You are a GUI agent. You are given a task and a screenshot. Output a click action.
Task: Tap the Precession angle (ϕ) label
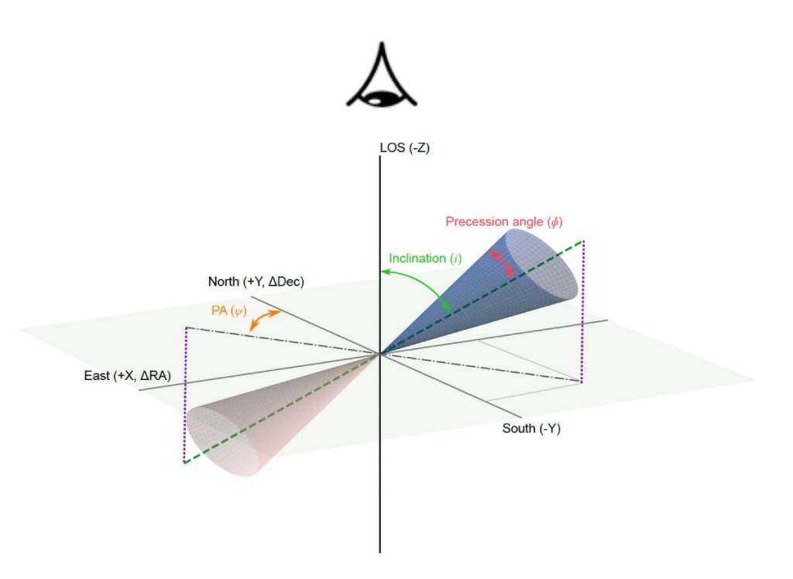click(504, 221)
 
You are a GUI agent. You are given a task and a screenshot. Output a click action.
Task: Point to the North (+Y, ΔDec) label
click(256, 282)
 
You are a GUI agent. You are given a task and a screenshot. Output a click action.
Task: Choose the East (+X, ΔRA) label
click(127, 376)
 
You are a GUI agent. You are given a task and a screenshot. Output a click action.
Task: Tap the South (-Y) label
click(530, 428)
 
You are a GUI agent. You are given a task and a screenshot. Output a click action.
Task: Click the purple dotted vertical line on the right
click(582, 310)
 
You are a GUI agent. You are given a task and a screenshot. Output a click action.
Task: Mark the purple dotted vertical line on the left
click(185, 395)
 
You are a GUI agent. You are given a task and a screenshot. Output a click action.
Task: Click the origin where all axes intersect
click(380, 355)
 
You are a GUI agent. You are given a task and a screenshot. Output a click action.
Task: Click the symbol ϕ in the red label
click(554, 221)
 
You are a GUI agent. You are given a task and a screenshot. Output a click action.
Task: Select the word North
click(224, 282)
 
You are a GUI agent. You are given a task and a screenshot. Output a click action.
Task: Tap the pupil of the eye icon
click(379, 98)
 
